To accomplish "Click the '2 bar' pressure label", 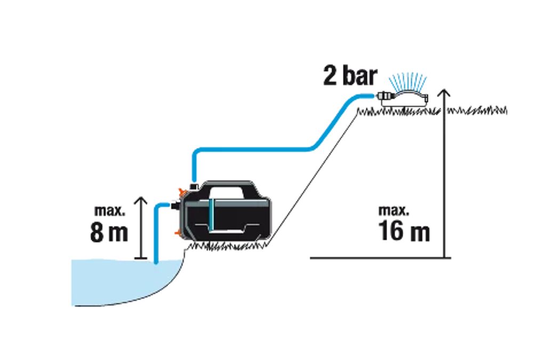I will point(349,76).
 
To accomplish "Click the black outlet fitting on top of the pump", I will point(194,186).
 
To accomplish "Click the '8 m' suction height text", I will point(109,233).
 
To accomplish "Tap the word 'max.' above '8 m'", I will point(110,211).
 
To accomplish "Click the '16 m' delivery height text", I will point(404,231).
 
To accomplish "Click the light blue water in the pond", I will point(117,283).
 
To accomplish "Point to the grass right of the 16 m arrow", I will point(477,111).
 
